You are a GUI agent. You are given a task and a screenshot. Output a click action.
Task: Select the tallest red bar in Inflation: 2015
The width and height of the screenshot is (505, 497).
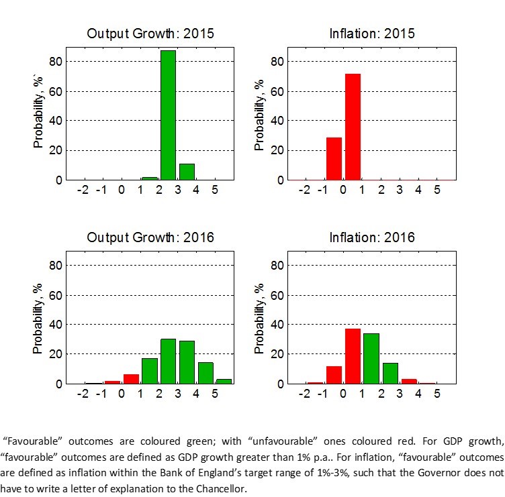(x=353, y=127)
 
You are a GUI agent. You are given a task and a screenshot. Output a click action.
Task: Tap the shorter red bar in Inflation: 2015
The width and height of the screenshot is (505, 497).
(x=334, y=159)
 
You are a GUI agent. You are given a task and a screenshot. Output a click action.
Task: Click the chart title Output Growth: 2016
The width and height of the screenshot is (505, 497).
(x=151, y=237)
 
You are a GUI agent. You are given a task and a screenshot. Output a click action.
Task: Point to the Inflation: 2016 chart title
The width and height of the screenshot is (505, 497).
(x=372, y=237)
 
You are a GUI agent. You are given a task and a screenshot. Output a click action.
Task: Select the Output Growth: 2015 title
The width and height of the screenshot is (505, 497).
(x=151, y=33)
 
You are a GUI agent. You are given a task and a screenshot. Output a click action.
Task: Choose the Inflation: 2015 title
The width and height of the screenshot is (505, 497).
(x=372, y=33)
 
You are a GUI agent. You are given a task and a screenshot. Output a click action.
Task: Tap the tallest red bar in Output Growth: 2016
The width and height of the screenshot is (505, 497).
(x=131, y=379)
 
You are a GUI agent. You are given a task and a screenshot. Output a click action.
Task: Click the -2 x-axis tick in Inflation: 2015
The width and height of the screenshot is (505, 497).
(x=304, y=190)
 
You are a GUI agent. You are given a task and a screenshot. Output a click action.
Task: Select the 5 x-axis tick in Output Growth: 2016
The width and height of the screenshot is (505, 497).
(x=215, y=394)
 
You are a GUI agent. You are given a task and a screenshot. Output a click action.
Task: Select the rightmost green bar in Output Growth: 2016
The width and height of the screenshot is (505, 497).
(x=224, y=381)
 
